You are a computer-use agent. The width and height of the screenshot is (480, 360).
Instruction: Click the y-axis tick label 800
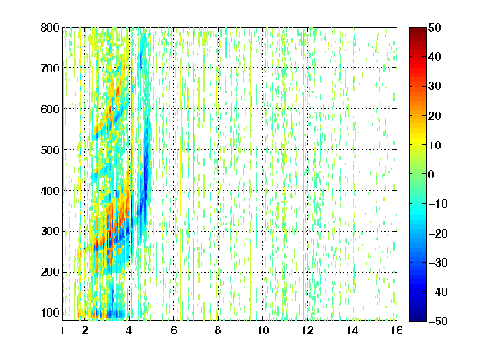50,27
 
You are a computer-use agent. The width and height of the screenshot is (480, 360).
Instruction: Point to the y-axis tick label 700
50,68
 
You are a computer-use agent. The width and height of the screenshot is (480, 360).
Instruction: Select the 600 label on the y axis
50,109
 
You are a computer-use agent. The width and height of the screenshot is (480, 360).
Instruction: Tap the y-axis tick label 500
50,150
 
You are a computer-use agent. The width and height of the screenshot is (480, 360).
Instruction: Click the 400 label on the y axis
50,191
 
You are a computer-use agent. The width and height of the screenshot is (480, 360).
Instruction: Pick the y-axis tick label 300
50,232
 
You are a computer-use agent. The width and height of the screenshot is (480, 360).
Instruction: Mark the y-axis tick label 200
50,272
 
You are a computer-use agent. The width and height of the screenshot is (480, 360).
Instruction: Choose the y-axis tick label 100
50,313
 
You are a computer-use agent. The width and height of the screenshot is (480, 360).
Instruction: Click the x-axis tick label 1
62,330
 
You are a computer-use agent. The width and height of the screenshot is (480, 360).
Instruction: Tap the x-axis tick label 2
85,330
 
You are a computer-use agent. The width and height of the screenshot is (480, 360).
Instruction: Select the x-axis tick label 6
173,330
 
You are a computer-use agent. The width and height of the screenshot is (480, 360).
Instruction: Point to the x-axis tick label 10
263,330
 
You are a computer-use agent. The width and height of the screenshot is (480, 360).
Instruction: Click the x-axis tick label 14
352,330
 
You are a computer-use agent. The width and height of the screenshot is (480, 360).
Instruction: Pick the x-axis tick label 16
397,330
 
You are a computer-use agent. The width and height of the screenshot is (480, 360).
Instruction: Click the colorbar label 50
434,27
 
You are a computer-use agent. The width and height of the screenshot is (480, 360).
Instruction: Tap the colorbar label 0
431,174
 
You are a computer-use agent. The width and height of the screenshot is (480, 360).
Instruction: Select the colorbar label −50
438,321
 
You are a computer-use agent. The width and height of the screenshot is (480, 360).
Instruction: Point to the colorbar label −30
438,262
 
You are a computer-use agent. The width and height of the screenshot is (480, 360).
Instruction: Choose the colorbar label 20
434,116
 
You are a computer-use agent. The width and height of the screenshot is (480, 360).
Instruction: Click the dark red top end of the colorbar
417,29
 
